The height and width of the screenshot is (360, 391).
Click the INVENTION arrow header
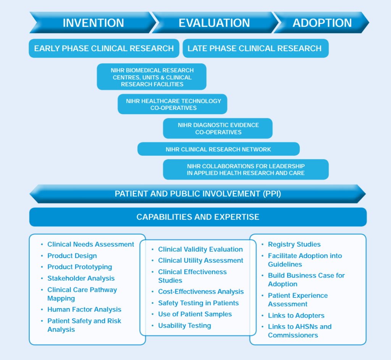click(93, 23)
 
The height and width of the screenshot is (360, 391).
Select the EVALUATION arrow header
click(215, 23)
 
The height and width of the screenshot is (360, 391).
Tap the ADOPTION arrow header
click(322, 23)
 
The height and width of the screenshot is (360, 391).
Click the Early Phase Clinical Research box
click(104, 48)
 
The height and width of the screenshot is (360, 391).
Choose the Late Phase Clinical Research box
click(255, 48)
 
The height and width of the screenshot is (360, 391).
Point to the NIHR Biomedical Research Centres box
click(152, 77)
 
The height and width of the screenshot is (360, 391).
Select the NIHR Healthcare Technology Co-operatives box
click(173, 104)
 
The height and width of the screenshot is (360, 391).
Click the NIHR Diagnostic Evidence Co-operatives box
click(218, 128)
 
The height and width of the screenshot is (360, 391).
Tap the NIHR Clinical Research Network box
click(218, 149)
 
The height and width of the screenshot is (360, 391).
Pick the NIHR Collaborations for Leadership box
click(246, 170)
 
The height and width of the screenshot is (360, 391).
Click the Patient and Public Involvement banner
click(198, 194)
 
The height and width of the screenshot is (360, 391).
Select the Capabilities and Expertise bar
click(198, 217)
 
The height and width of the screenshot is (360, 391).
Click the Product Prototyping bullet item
click(80, 267)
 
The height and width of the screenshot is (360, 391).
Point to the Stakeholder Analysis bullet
click(81, 278)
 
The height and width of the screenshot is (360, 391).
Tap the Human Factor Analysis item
click(84, 310)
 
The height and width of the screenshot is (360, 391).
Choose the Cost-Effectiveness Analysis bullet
click(201, 292)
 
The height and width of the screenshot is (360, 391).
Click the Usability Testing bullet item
click(184, 326)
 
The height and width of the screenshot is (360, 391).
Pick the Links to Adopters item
click(296, 316)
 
